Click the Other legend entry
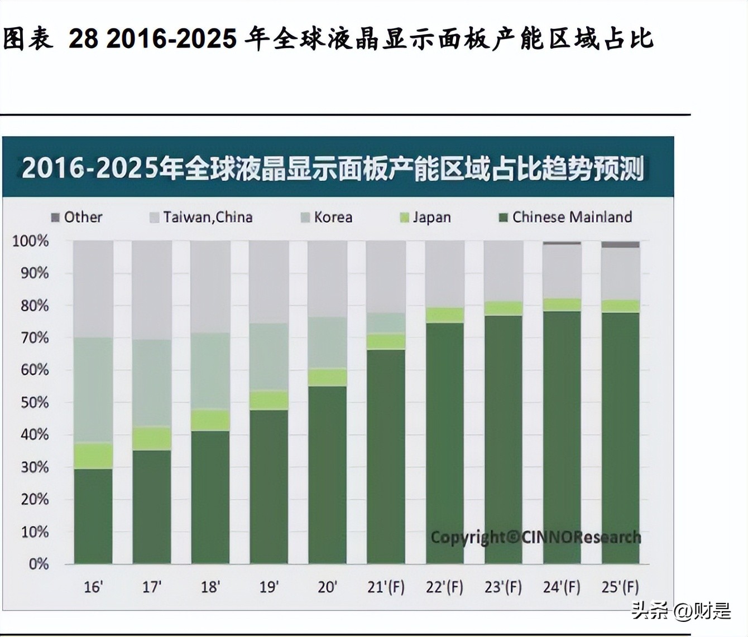tap(77, 217)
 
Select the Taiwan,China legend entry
tap(202, 217)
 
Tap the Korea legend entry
tap(327, 217)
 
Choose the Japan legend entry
tap(425, 217)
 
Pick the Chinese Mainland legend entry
tap(565, 217)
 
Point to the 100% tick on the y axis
tap(31, 242)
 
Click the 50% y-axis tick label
tap(35, 403)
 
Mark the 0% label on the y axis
tap(39, 564)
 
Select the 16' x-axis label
tap(93, 587)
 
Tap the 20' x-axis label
tap(328, 587)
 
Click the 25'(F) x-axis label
tap(620, 587)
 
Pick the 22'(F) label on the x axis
tap(444, 587)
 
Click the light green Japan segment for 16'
tap(93, 456)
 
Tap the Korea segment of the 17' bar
tap(152, 383)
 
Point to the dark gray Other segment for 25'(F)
tap(620, 244)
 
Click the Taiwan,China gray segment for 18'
tap(210, 287)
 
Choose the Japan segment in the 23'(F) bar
tap(504, 308)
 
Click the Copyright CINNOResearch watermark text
tap(535, 537)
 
